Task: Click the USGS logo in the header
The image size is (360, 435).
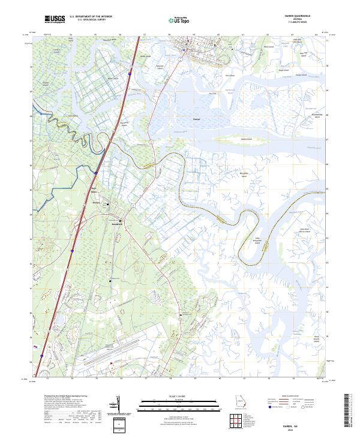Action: pyautogui.click(x=55, y=20)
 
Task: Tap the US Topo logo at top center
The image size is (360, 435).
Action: pyautogui.click(x=180, y=20)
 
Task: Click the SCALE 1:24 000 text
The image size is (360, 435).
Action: pyautogui.click(x=179, y=396)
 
